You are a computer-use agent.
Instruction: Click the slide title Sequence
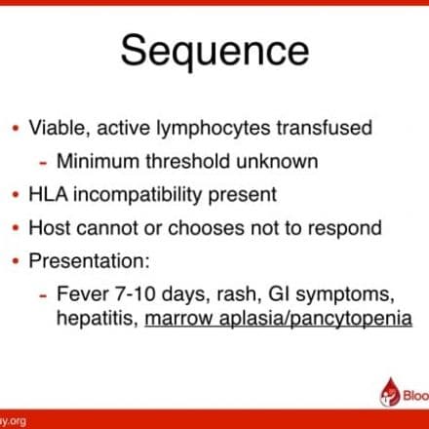point(214,52)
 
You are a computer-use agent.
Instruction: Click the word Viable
point(58,127)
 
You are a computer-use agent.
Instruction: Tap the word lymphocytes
point(214,129)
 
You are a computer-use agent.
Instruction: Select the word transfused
point(325,127)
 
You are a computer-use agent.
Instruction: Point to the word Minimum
point(97,161)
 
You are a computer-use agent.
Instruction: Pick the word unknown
point(277,161)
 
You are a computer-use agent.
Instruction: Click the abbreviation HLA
point(48,194)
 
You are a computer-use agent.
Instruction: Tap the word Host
point(50,227)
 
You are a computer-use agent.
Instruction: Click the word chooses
point(206,227)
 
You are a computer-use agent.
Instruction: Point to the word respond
point(345,229)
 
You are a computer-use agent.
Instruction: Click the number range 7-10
point(136,293)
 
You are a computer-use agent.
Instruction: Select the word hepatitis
point(97,319)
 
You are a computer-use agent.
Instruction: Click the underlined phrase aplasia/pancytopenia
point(316,319)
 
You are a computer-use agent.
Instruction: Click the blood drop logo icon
point(390,392)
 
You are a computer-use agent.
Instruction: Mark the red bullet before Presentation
point(16,260)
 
